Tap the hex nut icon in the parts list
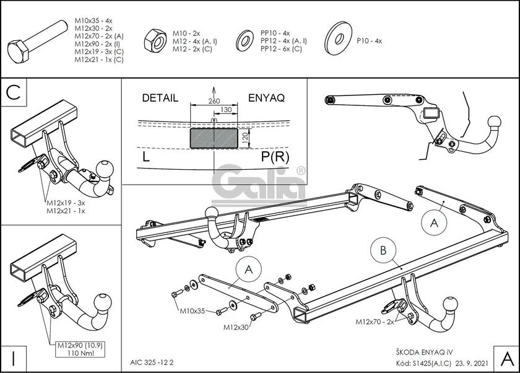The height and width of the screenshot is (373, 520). point(153,42)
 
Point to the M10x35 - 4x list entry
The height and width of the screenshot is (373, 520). point(93,20)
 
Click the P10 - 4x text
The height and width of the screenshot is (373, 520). point(370,41)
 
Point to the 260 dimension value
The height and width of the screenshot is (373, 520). point(214,100)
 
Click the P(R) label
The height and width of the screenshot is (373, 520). point(275,157)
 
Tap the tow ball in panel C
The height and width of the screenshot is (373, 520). point(105,169)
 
